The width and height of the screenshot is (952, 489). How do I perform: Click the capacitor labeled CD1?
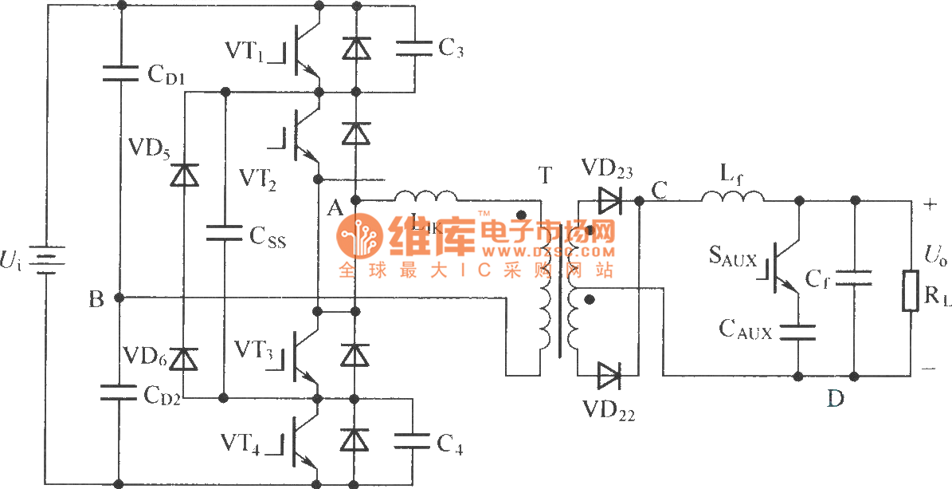120,74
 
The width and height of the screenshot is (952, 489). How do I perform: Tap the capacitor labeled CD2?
120,392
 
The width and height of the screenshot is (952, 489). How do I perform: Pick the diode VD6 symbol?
186,360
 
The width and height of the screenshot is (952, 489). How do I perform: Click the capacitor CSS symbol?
225,232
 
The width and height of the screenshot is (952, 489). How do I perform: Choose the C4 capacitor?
414,441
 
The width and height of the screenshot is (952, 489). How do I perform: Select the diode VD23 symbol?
609,201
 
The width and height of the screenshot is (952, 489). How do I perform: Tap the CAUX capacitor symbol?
798,331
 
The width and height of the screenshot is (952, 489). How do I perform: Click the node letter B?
96,299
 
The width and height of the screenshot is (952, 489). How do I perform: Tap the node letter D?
835,398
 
